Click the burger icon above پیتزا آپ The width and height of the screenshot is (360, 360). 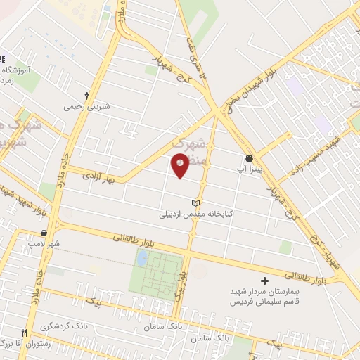(x=249, y=157)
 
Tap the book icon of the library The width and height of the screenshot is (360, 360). (x=195, y=203)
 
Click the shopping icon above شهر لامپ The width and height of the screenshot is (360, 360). (x=44, y=233)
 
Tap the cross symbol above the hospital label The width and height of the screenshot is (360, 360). (x=264, y=280)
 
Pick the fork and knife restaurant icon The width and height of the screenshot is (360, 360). (x=24, y=332)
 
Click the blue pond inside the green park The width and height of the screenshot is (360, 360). (x=142, y=259)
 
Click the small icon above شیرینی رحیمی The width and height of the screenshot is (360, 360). (x=86, y=94)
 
